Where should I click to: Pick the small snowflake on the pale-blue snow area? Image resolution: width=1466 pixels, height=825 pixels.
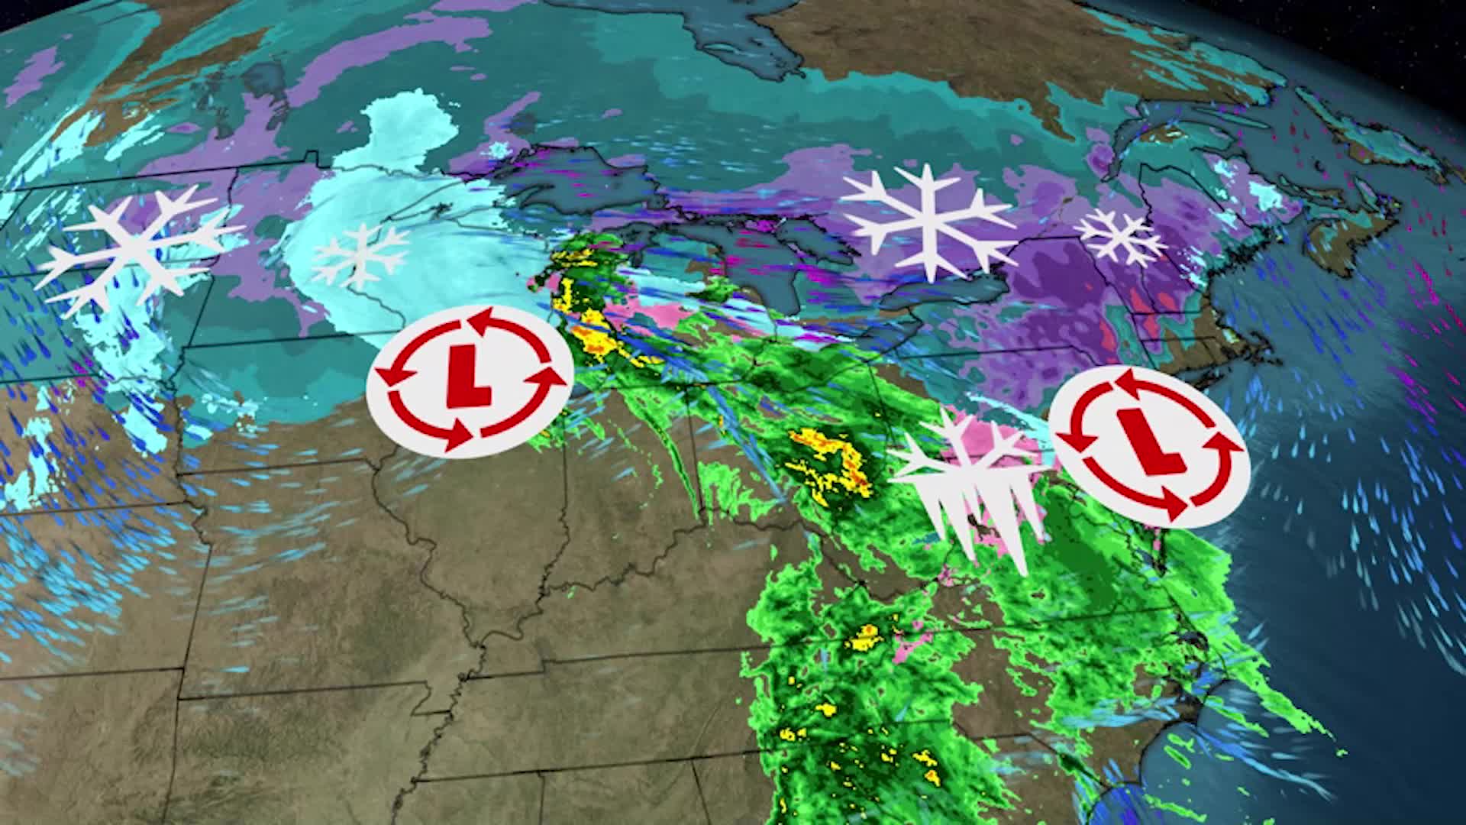pos(360,255)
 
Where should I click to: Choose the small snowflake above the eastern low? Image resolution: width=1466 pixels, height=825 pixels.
pos(1119,238)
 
